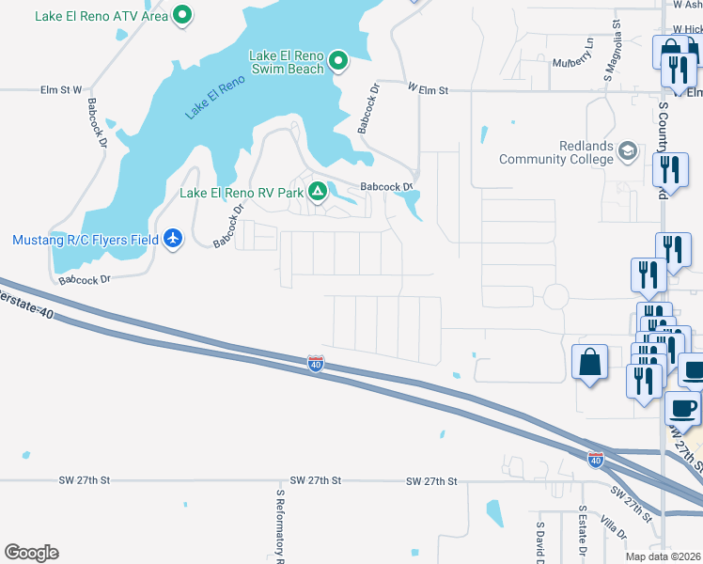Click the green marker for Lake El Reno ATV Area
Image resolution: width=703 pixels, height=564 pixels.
[x=184, y=15]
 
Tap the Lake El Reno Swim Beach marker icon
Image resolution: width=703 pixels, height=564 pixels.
[x=339, y=62]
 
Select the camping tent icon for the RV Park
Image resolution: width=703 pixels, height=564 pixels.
[x=319, y=192]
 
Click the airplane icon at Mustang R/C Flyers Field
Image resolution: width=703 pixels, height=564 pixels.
[x=173, y=240]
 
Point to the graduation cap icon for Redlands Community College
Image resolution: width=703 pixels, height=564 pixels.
[x=628, y=150]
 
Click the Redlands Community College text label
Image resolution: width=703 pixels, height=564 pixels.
[x=558, y=152]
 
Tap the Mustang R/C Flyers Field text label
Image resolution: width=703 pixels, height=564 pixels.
[x=86, y=240]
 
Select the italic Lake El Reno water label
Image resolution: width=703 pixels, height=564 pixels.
[x=214, y=96]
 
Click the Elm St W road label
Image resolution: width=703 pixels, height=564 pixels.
[x=62, y=90]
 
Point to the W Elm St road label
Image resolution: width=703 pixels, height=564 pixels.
[x=429, y=90]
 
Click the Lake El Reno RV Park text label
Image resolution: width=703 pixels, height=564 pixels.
[x=242, y=193]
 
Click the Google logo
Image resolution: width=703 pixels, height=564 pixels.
[x=31, y=553]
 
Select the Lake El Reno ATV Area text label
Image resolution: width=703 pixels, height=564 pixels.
[x=102, y=16]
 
